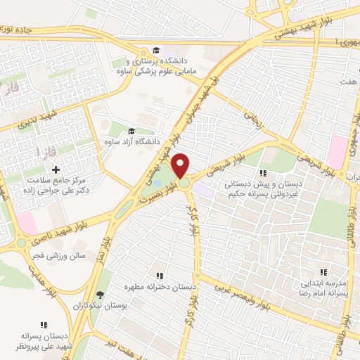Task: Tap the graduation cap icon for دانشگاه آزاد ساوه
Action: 131,130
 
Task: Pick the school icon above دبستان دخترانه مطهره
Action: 159,276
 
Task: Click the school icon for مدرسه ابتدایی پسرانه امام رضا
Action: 323,271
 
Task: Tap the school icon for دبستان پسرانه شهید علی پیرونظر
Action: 44,325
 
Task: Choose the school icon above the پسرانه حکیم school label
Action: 263,173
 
